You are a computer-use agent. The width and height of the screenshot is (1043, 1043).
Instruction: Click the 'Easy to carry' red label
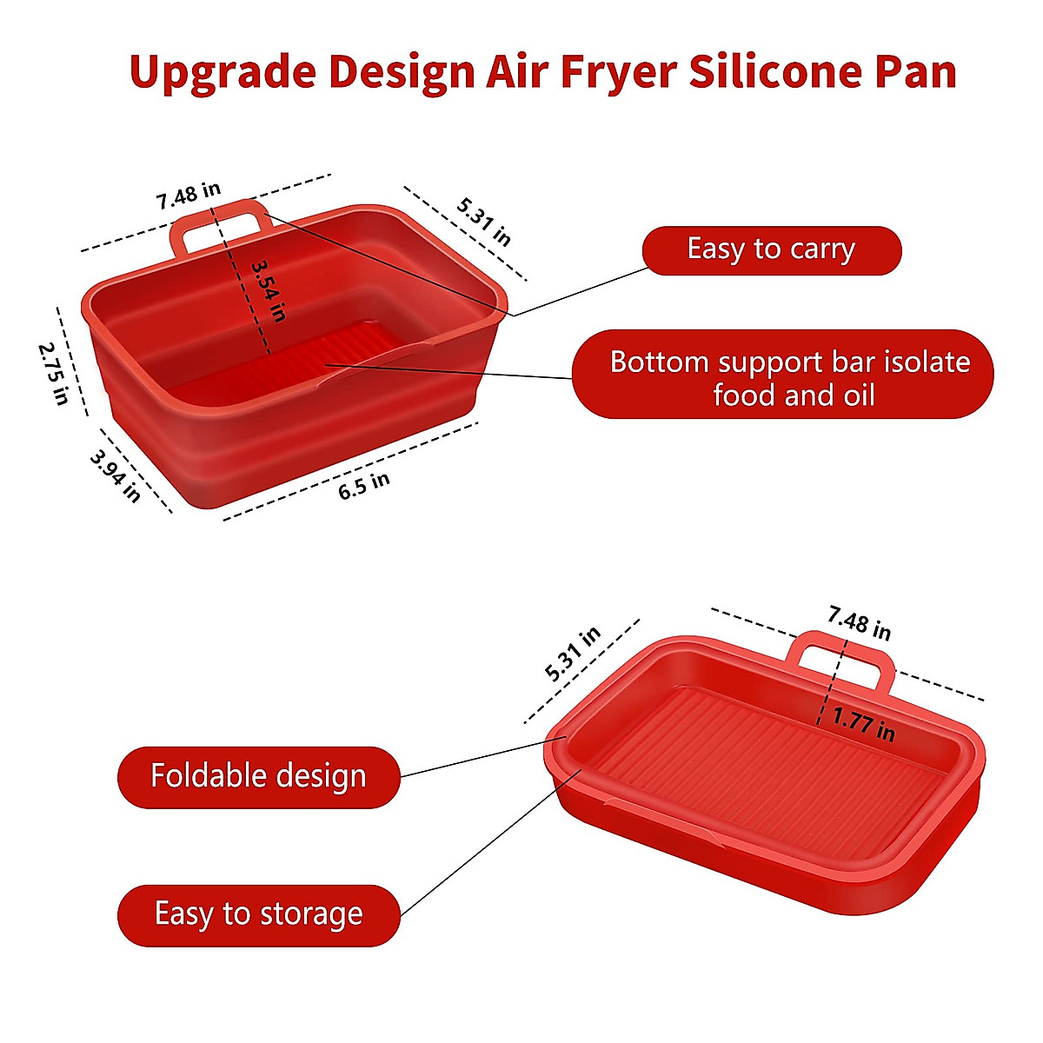[771, 250]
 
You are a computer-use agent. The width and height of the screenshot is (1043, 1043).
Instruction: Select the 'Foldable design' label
[258, 776]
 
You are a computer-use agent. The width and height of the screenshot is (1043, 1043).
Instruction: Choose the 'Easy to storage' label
[258, 914]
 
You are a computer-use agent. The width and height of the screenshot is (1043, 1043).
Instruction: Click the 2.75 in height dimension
[53, 372]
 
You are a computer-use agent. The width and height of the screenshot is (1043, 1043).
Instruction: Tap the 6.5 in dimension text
[364, 485]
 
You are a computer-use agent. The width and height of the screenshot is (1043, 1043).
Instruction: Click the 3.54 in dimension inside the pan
[268, 291]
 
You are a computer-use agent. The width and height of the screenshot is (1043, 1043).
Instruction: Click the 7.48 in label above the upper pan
[189, 195]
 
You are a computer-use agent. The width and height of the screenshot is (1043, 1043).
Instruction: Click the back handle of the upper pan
[221, 222]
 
